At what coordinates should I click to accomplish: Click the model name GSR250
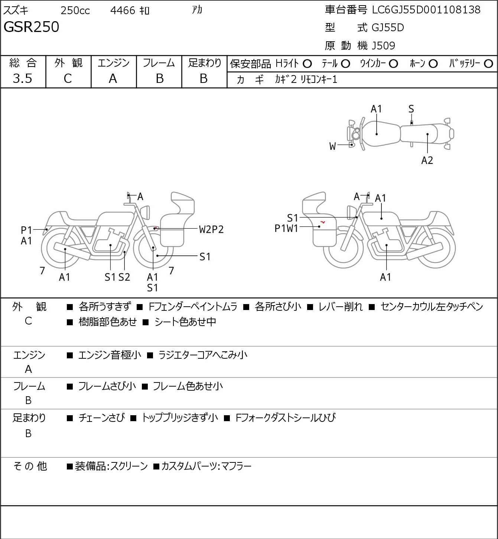pyautogui.click(x=31, y=27)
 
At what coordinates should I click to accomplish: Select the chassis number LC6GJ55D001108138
pyautogui.click(x=426, y=10)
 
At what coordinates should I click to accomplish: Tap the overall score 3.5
pyautogui.click(x=22, y=78)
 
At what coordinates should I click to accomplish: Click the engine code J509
pyautogui.click(x=383, y=46)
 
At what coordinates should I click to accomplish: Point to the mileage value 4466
pyautogui.click(x=123, y=10)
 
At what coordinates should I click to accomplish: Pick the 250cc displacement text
pyautogui.click(x=75, y=10)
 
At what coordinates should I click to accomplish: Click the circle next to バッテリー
pyautogui.click(x=488, y=64)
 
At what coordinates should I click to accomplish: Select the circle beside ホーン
pyautogui.click(x=433, y=64)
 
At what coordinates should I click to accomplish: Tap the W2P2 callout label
pyautogui.click(x=211, y=230)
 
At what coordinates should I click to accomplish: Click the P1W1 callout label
pyautogui.click(x=286, y=229)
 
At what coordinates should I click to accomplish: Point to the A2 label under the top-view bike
pyautogui.click(x=427, y=160)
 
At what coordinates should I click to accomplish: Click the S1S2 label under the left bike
pyautogui.click(x=117, y=277)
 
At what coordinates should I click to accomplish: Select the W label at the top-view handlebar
pyautogui.click(x=332, y=146)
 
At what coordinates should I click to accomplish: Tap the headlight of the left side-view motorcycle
pyautogui.click(x=145, y=212)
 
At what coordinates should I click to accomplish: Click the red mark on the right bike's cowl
pyautogui.click(x=323, y=222)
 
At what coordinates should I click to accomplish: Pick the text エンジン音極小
pyautogui.click(x=110, y=355)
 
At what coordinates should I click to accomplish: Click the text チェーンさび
pyautogui.click(x=102, y=418)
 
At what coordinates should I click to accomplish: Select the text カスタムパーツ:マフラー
pyautogui.click(x=206, y=466)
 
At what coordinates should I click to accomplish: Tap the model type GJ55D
pyautogui.click(x=388, y=28)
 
